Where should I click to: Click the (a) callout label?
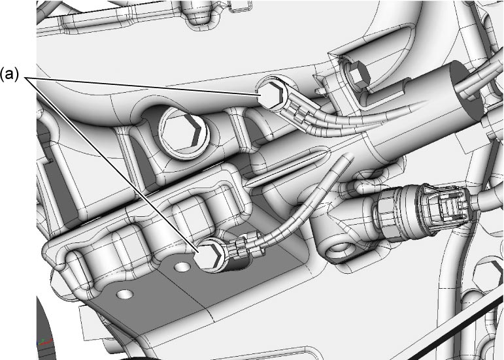pyautogui.click(x=9, y=74)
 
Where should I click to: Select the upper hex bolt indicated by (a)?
pyautogui.click(x=273, y=94)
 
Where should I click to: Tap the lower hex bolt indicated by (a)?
pyautogui.click(x=209, y=255)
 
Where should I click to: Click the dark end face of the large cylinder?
pyautogui.click(x=465, y=88)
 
